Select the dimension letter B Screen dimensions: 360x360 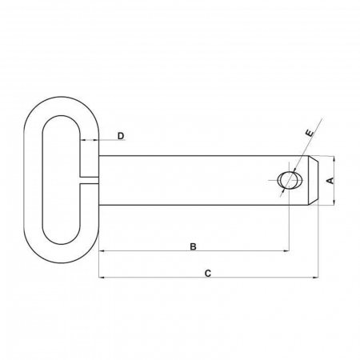point(193,246)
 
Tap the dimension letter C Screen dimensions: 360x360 point(207,274)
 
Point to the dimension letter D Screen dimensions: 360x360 point(121,136)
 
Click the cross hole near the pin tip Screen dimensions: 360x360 point(286,180)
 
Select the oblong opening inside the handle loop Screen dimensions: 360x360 point(59,181)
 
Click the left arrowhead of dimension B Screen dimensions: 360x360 point(102,251)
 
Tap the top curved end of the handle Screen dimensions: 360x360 point(59,103)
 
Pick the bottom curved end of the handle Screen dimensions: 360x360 point(59,258)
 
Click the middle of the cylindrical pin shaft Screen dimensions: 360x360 point(192,181)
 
